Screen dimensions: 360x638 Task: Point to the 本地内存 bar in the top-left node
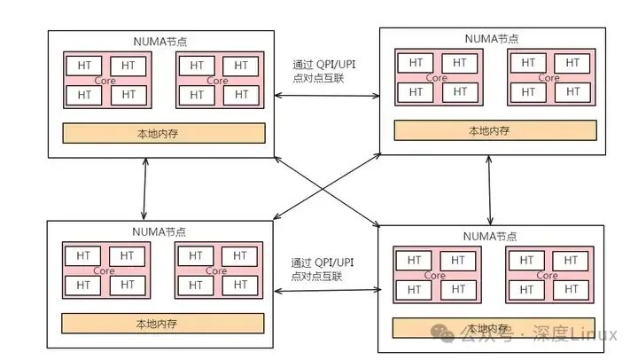[x=163, y=134]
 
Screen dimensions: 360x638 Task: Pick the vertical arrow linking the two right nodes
[x=490, y=189]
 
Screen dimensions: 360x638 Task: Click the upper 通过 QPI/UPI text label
[x=323, y=65]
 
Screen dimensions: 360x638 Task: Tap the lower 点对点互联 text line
[x=316, y=277]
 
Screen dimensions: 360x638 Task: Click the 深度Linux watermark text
[x=580, y=334]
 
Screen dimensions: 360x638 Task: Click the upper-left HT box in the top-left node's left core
[x=84, y=66]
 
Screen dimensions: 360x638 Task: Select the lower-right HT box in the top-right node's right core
[x=573, y=91]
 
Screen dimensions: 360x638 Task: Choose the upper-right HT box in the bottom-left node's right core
[x=241, y=255]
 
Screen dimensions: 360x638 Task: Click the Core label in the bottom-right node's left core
[x=435, y=276]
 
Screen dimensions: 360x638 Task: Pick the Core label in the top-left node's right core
[x=217, y=81]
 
